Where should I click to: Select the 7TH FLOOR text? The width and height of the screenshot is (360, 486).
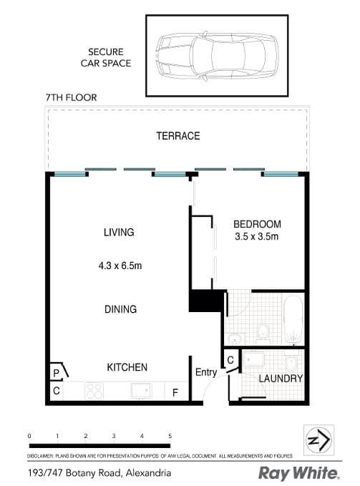point(70,97)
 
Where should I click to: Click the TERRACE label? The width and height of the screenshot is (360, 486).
point(179,136)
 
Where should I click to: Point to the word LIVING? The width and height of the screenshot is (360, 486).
point(119,232)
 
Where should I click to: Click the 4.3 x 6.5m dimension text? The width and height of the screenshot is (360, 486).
point(120,266)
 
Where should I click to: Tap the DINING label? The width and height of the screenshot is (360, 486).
point(120,309)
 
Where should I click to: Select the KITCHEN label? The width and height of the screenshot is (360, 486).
point(127,367)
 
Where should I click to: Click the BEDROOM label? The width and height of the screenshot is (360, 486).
point(257,224)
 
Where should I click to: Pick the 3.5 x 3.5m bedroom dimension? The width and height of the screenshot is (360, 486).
point(257,236)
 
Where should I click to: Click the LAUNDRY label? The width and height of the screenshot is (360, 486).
point(281,379)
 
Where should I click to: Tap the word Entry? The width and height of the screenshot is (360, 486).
point(205,372)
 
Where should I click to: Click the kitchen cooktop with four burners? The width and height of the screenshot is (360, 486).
point(95,391)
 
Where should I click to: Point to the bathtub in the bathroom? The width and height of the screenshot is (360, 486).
point(293,319)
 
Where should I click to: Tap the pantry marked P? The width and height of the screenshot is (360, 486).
point(56,373)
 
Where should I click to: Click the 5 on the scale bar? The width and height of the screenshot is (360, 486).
point(170,435)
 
